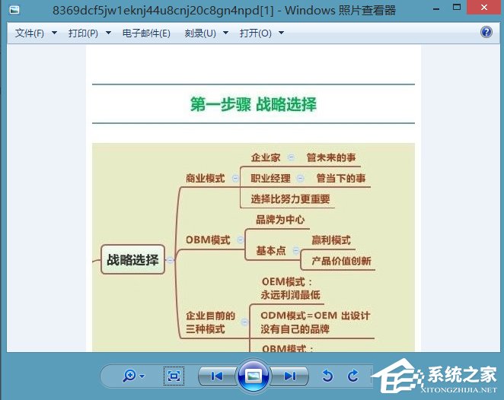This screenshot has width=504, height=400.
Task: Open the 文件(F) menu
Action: point(30,33)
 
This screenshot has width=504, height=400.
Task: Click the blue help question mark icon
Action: point(486,32)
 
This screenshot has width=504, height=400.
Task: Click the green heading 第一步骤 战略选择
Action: point(254,104)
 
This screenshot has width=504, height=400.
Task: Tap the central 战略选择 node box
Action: point(132,260)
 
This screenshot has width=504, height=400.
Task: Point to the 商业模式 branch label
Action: point(205,179)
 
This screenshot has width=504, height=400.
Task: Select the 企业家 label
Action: point(266,158)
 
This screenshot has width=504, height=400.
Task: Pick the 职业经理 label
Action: point(270,179)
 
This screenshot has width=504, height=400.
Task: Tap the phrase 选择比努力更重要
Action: point(291,199)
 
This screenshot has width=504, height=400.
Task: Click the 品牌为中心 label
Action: point(280,220)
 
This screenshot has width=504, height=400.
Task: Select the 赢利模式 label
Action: point(331,240)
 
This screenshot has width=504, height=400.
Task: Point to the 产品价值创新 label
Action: point(341,261)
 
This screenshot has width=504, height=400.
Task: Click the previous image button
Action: point(216,376)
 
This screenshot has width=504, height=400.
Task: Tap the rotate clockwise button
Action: point(352,376)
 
